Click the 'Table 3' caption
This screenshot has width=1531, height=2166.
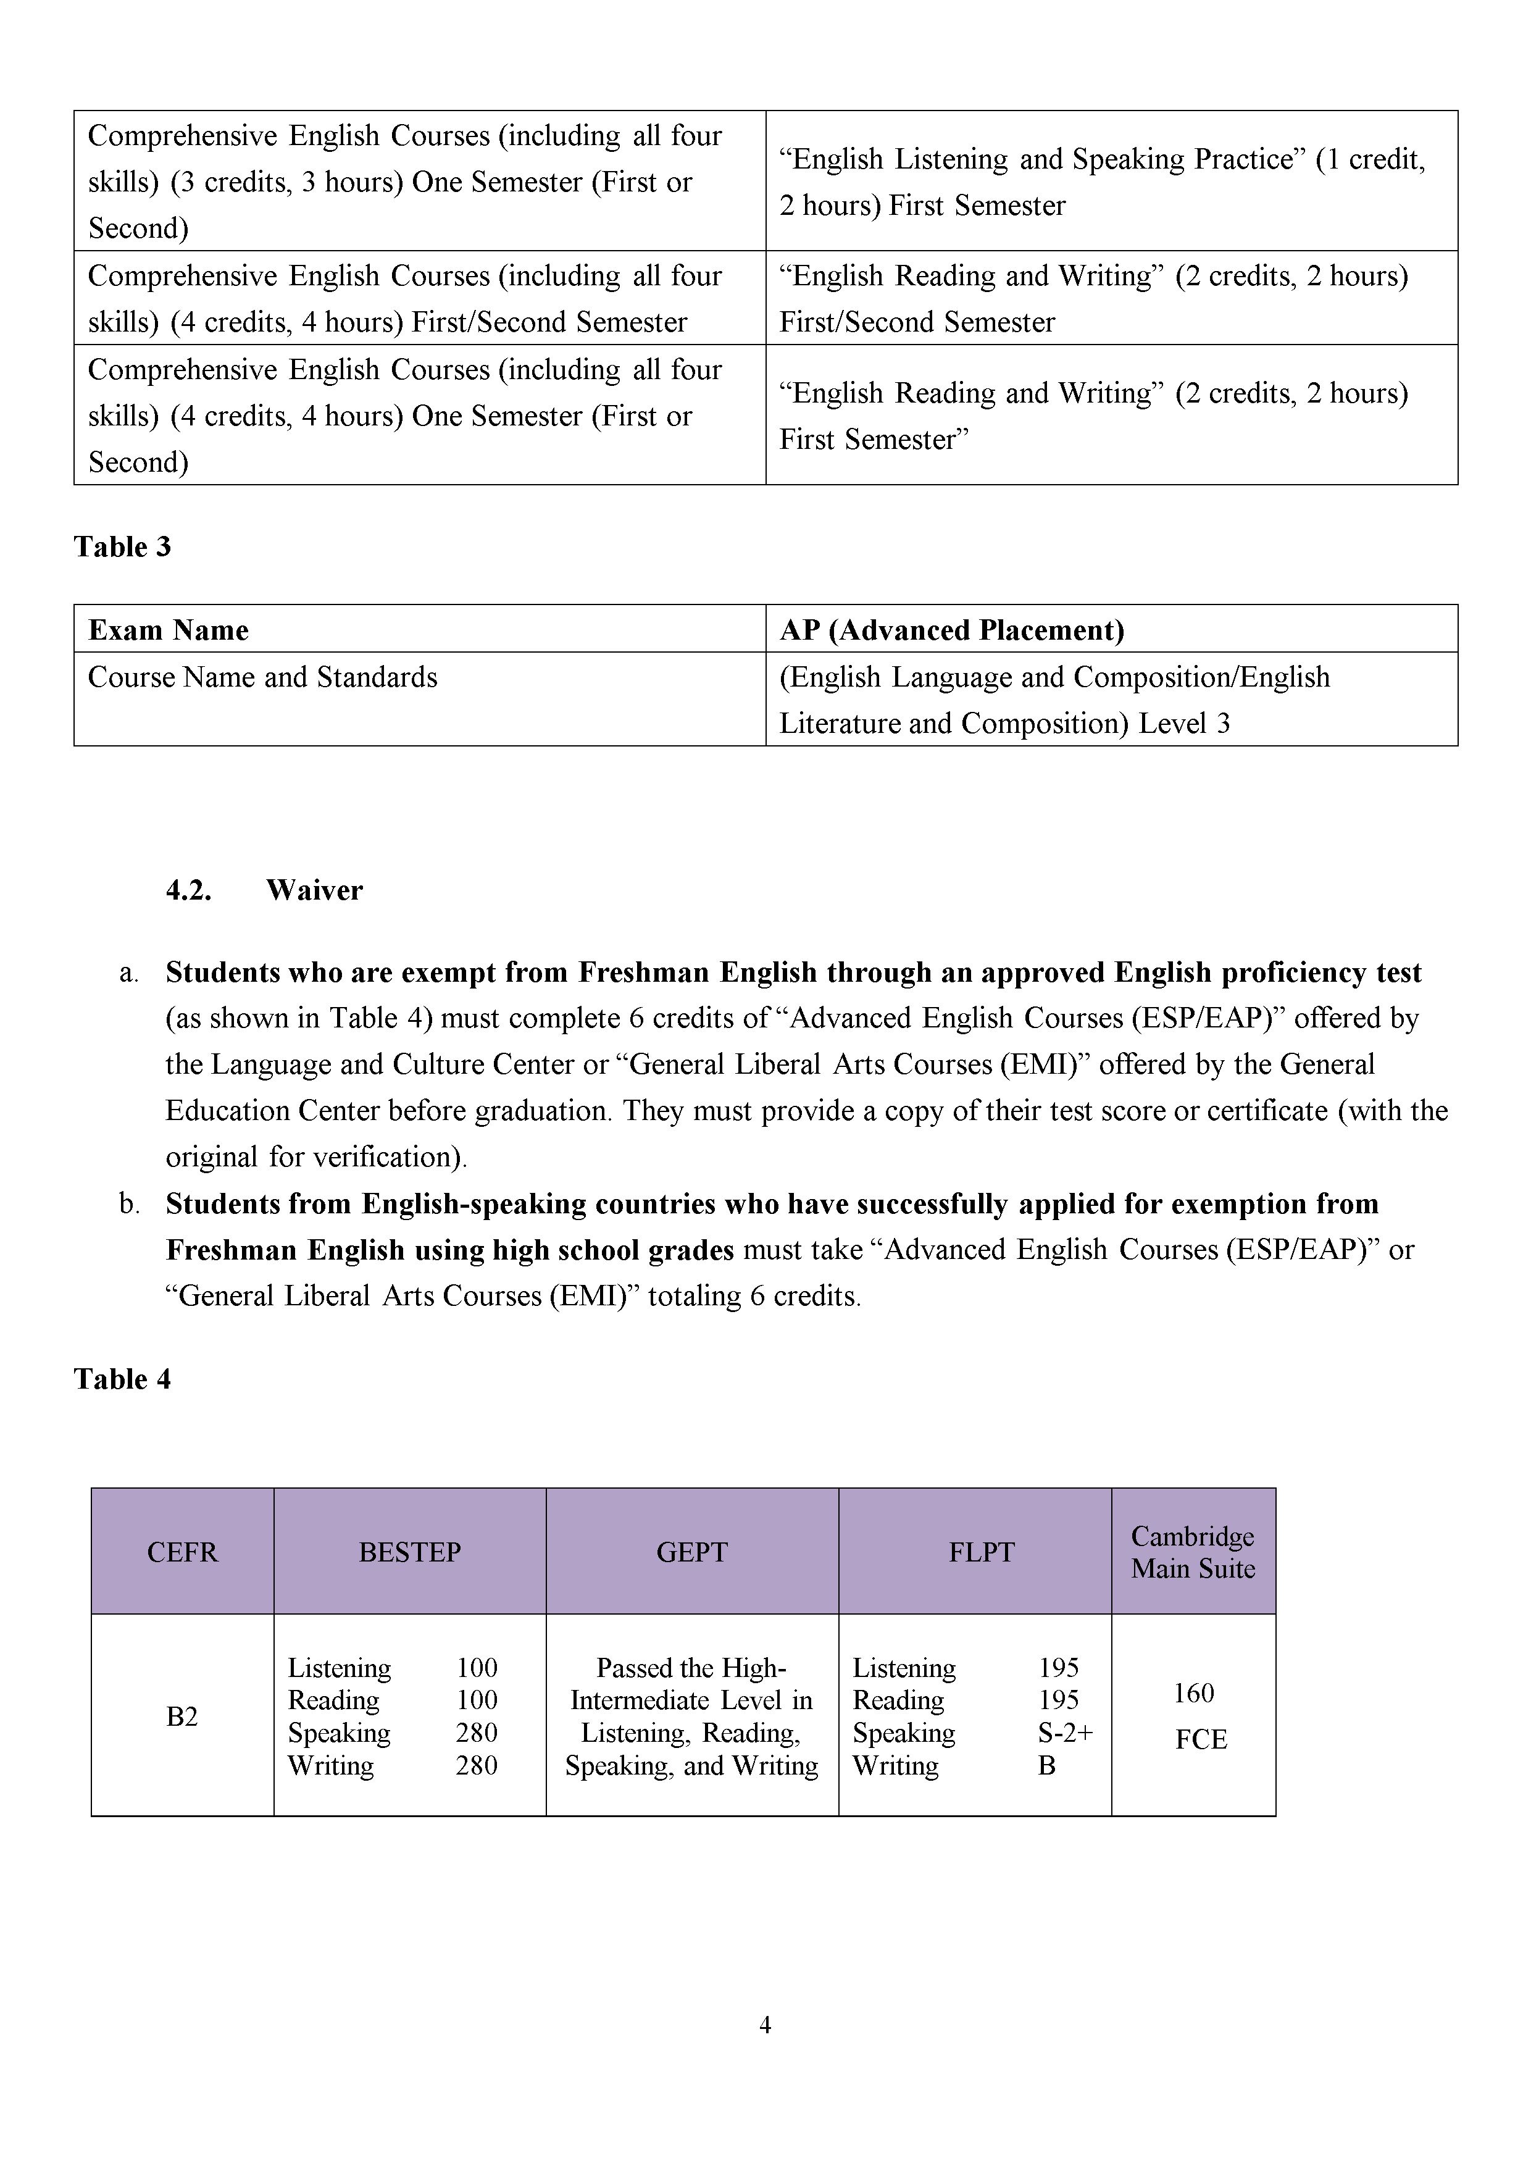tap(123, 547)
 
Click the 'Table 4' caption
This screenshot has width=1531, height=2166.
tap(123, 1379)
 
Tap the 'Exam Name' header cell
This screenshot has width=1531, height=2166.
tap(168, 630)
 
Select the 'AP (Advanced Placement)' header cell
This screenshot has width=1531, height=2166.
tap(952, 630)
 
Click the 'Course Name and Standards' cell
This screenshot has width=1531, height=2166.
tap(262, 677)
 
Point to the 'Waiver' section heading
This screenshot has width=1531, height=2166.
tap(314, 890)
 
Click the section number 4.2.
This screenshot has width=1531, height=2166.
tap(189, 890)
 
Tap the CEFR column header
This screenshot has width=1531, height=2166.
tap(182, 1552)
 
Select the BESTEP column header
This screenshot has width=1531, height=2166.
tap(409, 1552)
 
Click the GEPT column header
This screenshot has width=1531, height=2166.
tap(691, 1552)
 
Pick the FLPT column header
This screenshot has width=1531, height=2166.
tap(981, 1552)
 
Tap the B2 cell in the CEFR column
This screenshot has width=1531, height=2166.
tap(182, 1716)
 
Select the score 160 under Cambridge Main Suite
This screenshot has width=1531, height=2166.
tap(1193, 1694)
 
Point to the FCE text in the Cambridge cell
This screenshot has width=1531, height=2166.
tap(1201, 1739)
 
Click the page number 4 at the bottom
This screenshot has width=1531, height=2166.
tap(765, 2025)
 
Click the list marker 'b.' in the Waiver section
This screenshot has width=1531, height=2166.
tap(129, 1205)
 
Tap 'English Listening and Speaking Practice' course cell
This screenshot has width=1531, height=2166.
tap(1102, 181)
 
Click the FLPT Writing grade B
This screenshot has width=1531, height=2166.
tap(1046, 1765)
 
